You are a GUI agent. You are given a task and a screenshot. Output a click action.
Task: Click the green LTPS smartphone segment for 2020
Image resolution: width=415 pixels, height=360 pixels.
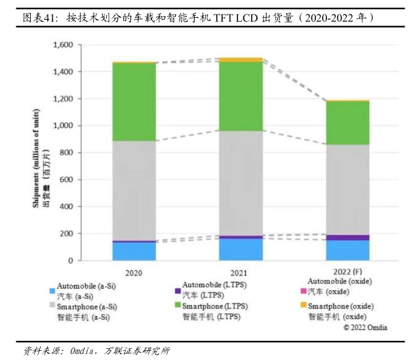point(134,102)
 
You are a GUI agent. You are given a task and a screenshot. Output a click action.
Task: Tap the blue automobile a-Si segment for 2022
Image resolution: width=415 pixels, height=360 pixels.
point(347,250)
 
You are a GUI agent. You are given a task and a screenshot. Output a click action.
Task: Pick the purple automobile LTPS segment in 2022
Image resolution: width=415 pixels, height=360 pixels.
point(347,237)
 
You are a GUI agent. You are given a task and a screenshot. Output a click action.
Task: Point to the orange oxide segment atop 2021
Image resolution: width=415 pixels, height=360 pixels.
point(241,60)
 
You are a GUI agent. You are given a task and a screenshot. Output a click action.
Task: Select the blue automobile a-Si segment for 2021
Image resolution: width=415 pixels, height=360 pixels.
point(241,249)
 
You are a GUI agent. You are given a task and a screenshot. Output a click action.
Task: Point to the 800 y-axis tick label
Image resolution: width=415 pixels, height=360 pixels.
point(66,153)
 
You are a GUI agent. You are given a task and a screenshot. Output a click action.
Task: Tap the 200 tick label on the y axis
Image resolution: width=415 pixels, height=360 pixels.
point(66,233)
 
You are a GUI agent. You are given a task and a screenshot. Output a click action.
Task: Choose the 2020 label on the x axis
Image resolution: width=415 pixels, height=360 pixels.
point(134,271)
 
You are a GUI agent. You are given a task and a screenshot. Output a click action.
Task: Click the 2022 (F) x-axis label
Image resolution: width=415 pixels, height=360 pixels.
point(347,271)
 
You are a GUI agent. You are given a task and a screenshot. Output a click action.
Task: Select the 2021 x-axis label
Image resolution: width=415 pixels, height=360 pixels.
point(241,271)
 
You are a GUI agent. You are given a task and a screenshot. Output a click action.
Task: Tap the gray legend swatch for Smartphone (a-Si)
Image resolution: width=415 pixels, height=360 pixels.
point(52,307)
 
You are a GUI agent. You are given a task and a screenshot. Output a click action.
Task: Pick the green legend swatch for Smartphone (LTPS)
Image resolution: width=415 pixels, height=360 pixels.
point(178,307)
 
